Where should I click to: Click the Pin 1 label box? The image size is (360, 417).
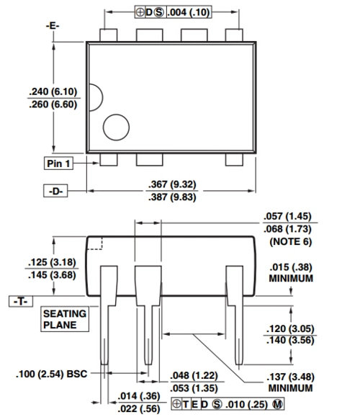pos(59,163)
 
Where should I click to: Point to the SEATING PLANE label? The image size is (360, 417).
pos(65,319)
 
